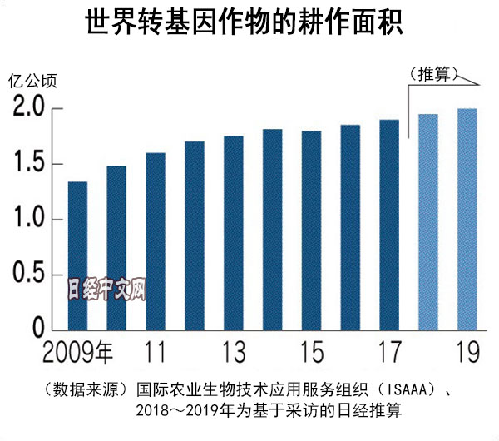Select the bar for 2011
pos(156,241)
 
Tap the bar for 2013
pos(234,233)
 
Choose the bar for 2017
pos(389,225)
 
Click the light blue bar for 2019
pos(467,220)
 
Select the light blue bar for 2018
pos(428,222)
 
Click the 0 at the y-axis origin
pos(37,328)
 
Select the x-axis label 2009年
pos(76,351)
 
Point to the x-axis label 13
pos(234,351)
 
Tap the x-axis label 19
pos(467,351)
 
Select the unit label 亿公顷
pos(32,82)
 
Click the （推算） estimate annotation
pos(433,74)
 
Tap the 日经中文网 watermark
pos(106,289)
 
